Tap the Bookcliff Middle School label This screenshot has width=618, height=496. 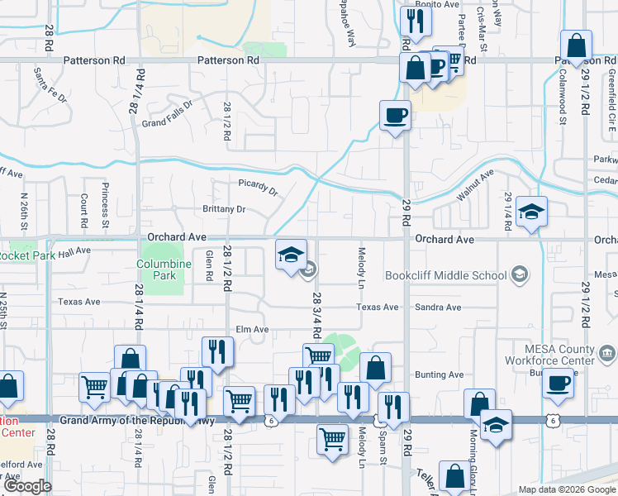[x=445, y=275]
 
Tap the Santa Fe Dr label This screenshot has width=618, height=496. [x=49, y=84]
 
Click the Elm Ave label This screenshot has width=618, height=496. [x=253, y=329]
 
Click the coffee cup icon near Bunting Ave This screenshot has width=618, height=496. [x=558, y=384]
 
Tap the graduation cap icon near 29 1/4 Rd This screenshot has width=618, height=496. [x=532, y=212]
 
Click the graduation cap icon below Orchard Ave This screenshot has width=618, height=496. [x=291, y=255]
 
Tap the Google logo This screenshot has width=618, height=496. [x=27, y=486]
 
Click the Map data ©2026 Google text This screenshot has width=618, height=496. [x=566, y=489]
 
